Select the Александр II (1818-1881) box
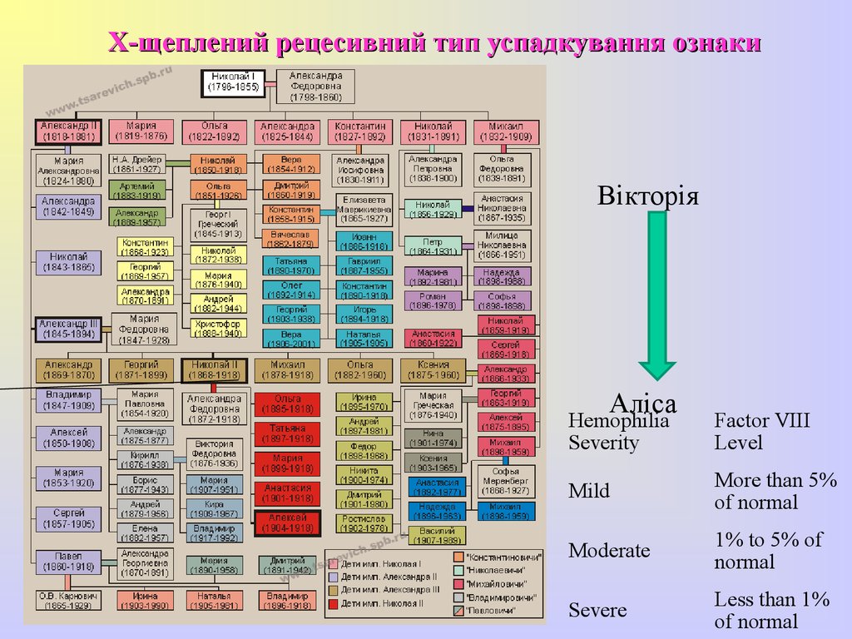click(68, 131)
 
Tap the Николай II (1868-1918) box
click(215, 369)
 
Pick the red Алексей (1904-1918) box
click(288, 523)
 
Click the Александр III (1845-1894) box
click(68, 329)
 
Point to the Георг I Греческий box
click(218, 224)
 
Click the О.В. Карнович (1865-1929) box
click(68, 601)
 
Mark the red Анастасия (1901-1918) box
click(288, 493)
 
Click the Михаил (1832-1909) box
click(507, 131)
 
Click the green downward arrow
click(657, 300)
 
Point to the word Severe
click(597, 611)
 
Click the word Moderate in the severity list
click(609, 551)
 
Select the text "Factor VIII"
click(761, 421)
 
